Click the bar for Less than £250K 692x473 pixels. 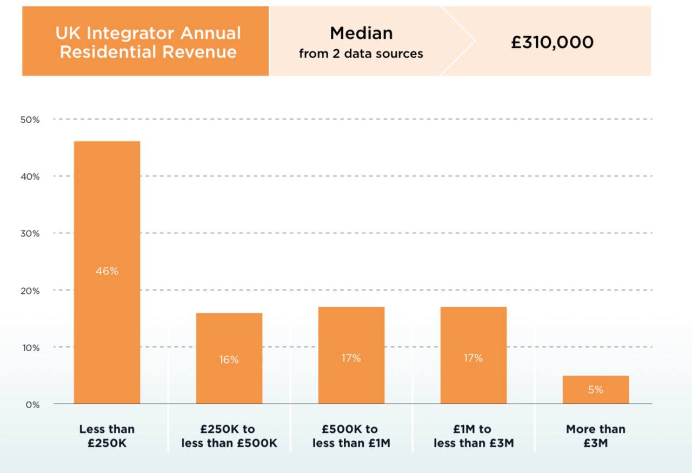[x=107, y=216]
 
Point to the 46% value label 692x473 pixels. [x=107, y=271]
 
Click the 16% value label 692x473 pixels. [x=229, y=359]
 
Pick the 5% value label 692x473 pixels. [x=595, y=390]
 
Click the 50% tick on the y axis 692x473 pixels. [x=30, y=120]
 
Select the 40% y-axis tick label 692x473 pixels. [x=30, y=176]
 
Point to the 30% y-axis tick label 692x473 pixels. [x=30, y=234]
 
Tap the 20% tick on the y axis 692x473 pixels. [x=30, y=291]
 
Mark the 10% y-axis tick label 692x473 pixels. [x=30, y=347]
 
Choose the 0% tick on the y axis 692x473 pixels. [x=32, y=404]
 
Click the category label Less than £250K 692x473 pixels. [x=107, y=436]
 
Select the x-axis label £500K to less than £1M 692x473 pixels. [x=351, y=436]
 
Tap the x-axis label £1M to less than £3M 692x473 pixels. [x=473, y=436]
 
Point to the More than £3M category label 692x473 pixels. [x=595, y=436]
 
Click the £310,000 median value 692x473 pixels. [x=552, y=42]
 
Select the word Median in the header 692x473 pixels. [x=361, y=33]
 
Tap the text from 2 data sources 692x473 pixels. [x=361, y=54]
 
